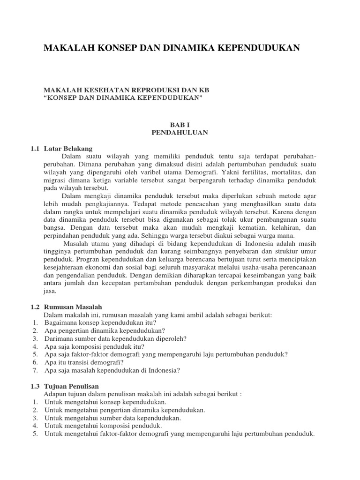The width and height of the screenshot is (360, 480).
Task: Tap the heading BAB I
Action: (x=180, y=125)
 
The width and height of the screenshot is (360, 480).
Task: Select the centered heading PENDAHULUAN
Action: (x=180, y=133)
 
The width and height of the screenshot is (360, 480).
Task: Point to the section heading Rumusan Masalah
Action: (x=70, y=307)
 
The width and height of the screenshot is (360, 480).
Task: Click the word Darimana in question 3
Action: (x=61, y=338)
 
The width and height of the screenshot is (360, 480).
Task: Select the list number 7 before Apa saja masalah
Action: (x=35, y=370)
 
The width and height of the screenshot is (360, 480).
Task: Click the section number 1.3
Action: (x=36, y=386)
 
